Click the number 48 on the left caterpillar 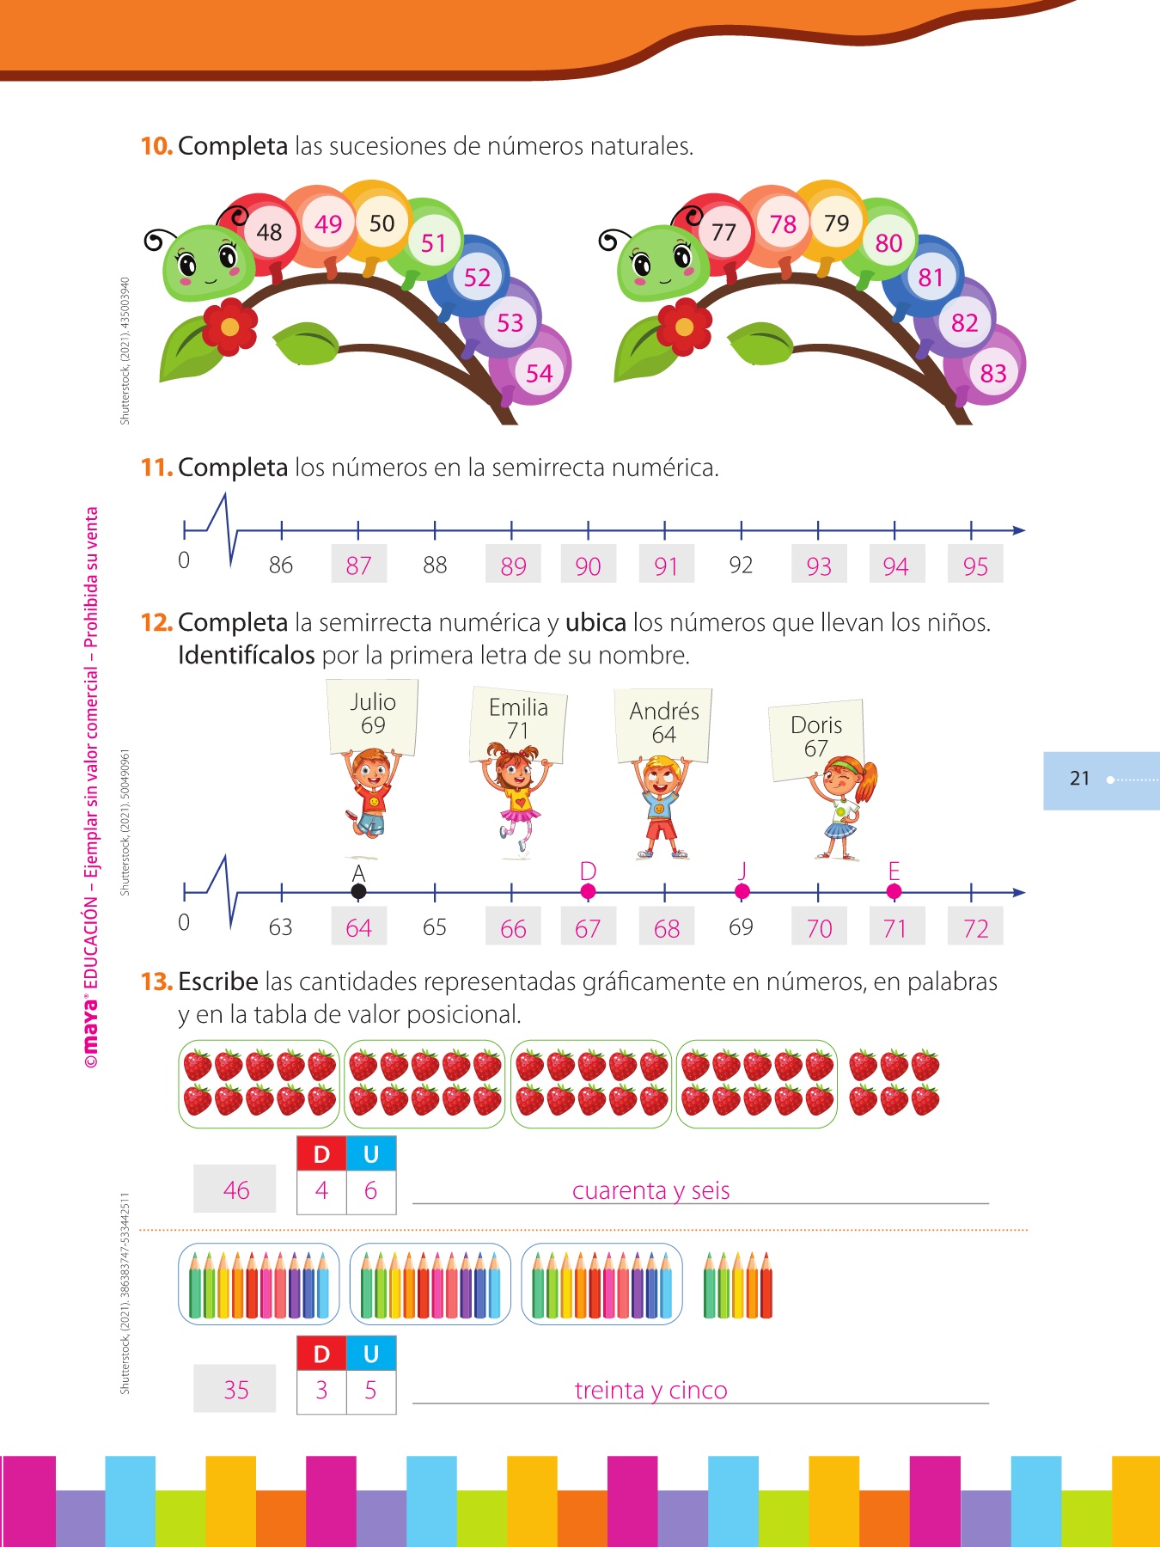[269, 232]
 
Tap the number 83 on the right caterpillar [992, 373]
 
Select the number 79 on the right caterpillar [836, 223]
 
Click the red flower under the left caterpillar [229, 327]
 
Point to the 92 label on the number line [741, 565]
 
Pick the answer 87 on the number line [358, 566]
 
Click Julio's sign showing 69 [373, 716]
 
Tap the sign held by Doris [816, 738]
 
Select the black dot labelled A [358, 892]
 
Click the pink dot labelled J [742, 892]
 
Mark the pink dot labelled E [894, 892]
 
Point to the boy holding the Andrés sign [661, 808]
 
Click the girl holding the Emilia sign [516, 799]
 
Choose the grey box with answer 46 [235, 1189]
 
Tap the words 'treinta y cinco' [650, 1390]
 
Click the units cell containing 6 [371, 1190]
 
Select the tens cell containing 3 [322, 1390]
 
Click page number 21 [1079, 779]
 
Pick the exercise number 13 [156, 981]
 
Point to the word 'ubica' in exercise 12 [595, 622]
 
